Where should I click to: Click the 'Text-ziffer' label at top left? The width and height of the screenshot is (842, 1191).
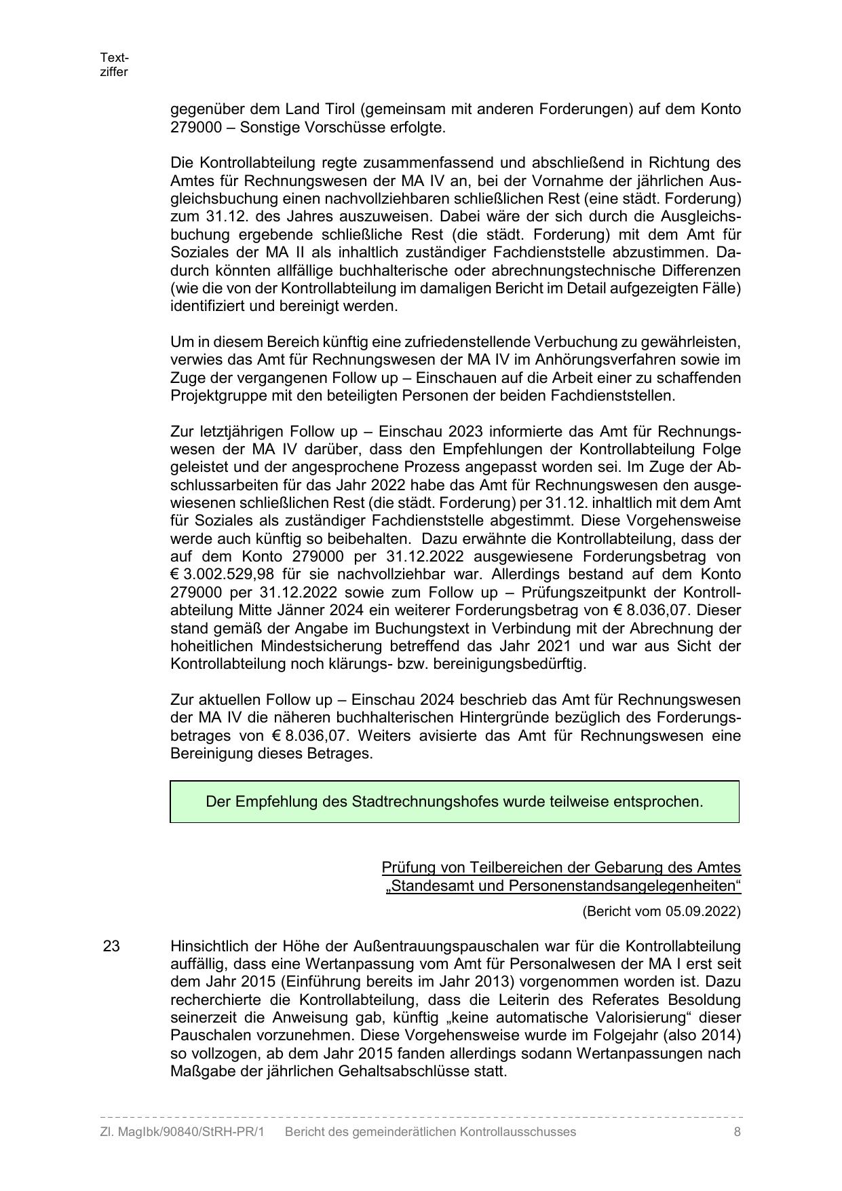(x=114, y=65)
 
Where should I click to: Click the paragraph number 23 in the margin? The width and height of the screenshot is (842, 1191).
(x=111, y=947)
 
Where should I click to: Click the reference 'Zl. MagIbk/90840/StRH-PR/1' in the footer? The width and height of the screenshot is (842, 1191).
(x=182, y=1132)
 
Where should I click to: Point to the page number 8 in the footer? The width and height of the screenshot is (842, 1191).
(x=737, y=1132)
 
